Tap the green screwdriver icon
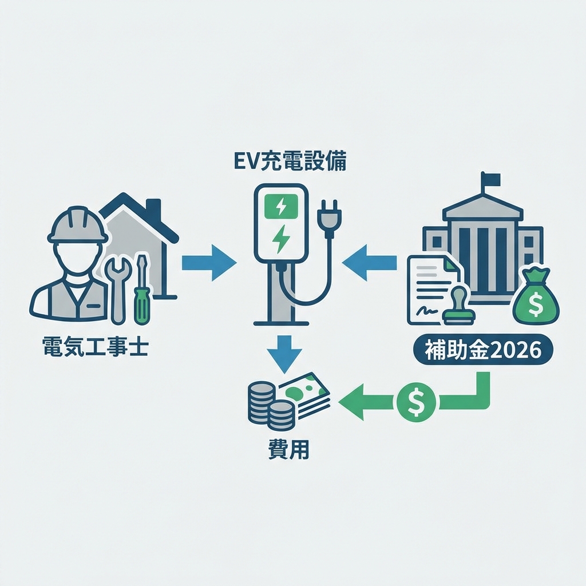pos(141,292)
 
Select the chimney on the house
pos(153,211)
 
